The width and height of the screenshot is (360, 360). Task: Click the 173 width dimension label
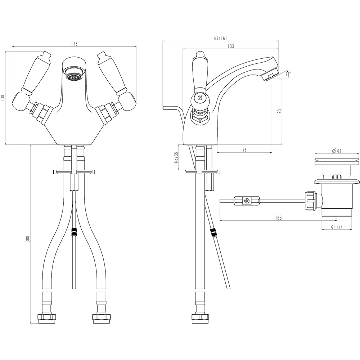coord(74,44)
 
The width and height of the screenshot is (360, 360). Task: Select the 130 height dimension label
coord(3,98)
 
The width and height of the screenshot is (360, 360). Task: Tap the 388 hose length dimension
coord(28,239)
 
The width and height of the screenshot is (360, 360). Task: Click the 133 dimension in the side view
coord(231,46)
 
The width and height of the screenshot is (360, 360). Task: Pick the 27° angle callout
coord(288,74)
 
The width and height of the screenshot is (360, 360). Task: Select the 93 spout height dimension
coord(279,111)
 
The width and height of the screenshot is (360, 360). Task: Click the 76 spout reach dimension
coord(244,150)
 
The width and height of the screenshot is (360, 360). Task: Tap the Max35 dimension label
coord(176,157)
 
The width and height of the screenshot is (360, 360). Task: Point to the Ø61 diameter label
coord(336,151)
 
